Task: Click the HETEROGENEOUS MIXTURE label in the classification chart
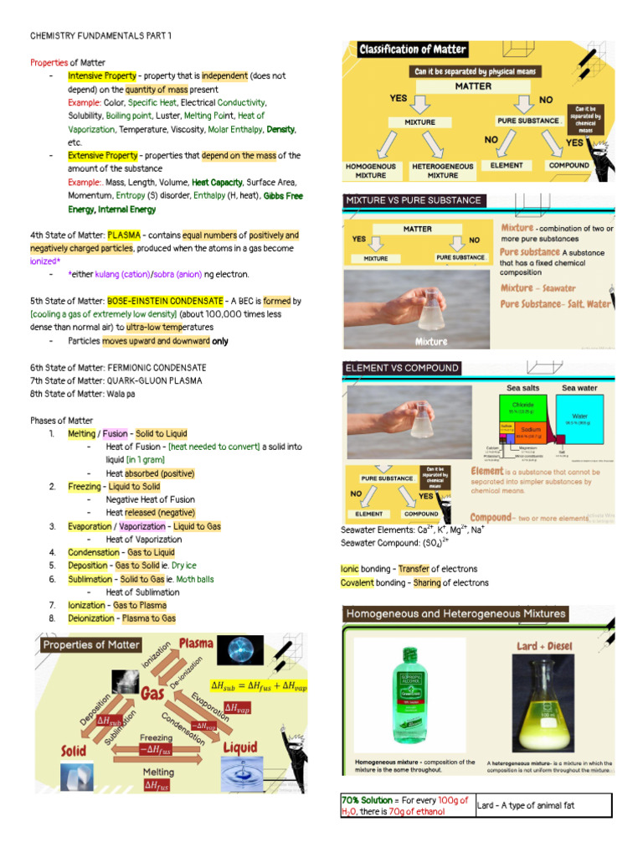(x=443, y=170)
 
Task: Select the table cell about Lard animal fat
(x=543, y=805)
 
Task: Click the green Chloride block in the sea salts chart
(x=517, y=408)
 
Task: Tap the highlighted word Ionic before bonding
(x=349, y=569)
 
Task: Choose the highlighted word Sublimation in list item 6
(x=91, y=579)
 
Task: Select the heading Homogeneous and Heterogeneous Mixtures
(x=456, y=613)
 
